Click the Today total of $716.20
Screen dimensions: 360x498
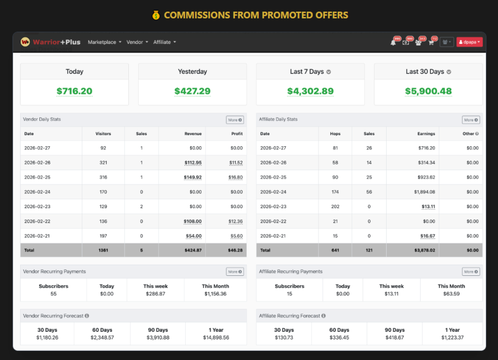pyautogui.click(x=74, y=91)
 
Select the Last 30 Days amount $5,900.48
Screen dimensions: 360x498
pyautogui.click(x=428, y=91)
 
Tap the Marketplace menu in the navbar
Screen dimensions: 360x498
pyautogui.click(x=104, y=42)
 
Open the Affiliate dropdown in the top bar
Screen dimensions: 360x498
pyautogui.click(x=164, y=42)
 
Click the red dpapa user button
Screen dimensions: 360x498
pyautogui.click(x=469, y=42)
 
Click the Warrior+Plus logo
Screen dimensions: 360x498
pyautogui.click(x=51, y=42)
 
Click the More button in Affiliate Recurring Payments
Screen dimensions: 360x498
pyautogui.click(x=470, y=271)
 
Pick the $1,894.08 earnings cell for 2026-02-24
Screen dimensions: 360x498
pyautogui.click(x=425, y=192)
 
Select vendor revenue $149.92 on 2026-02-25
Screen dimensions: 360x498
pyautogui.click(x=193, y=177)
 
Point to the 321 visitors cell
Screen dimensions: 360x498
pyautogui.click(x=103, y=162)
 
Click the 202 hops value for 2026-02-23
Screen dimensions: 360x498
pyautogui.click(x=335, y=206)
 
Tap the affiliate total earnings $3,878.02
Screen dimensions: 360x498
pyautogui.click(x=425, y=250)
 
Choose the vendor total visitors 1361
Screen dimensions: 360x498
pyautogui.click(x=103, y=250)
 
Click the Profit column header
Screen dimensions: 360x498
pyautogui.click(x=237, y=133)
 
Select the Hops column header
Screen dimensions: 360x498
pyautogui.click(x=335, y=133)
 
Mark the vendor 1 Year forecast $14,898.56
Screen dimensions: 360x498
pyautogui.click(x=213, y=337)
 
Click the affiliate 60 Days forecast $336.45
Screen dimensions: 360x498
pyautogui.click(x=339, y=337)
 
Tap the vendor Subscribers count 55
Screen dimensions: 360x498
pyautogui.click(x=53, y=294)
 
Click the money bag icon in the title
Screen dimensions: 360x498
pyautogui.click(x=156, y=15)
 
